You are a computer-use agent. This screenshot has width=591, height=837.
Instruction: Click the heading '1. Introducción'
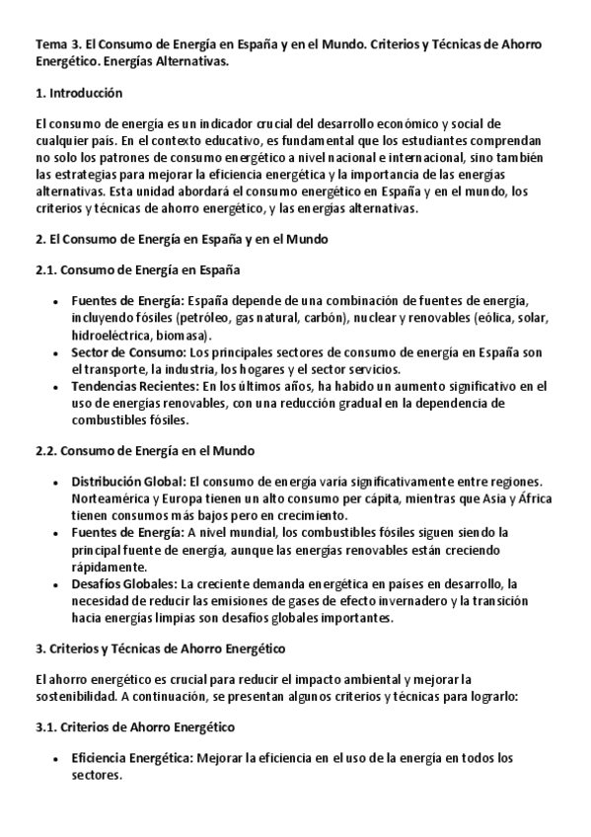tap(78, 94)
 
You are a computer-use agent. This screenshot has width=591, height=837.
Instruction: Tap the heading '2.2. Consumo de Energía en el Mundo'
tap(144, 450)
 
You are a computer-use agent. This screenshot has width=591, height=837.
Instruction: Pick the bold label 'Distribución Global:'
tap(127, 482)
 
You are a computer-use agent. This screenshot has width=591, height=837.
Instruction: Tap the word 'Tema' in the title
tap(50, 45)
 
